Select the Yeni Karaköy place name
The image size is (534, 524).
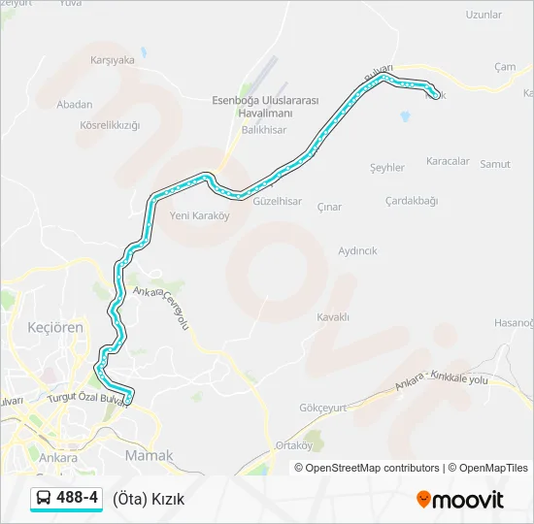(x=199, y=215)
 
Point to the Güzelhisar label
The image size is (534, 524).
(x=277, y=202)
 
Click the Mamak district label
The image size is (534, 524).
(x=149, y=455)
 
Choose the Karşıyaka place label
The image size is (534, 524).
(x=112, y=60)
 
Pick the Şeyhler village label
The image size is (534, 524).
(x=387, y=168)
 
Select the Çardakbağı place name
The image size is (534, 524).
(x=412, y=201)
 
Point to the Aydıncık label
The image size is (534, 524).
(x=357, y=250)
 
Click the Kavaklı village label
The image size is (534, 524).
(x=333, y=317)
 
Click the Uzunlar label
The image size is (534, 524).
(x=484, y=16)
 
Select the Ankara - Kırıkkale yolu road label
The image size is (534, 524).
(x=441, y=381)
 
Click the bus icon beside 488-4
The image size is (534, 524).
(x=44, y=499)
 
